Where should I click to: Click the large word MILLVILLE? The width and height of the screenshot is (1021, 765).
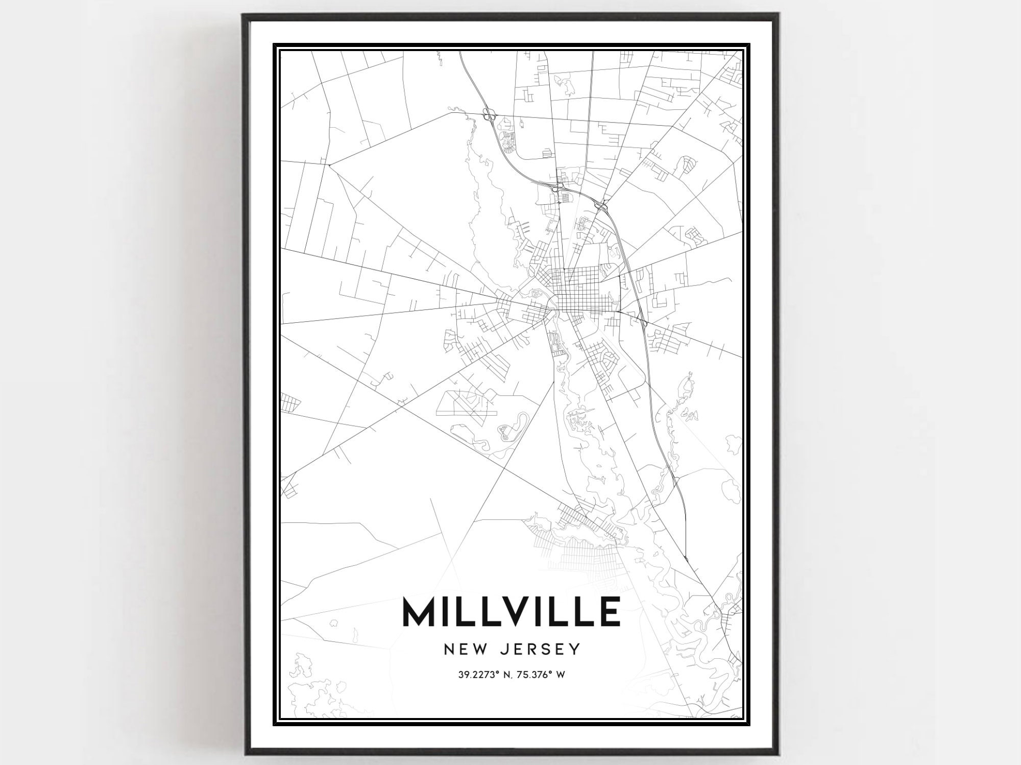tap(512, 611)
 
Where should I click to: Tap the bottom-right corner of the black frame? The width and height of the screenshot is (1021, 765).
tap(780, 752)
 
